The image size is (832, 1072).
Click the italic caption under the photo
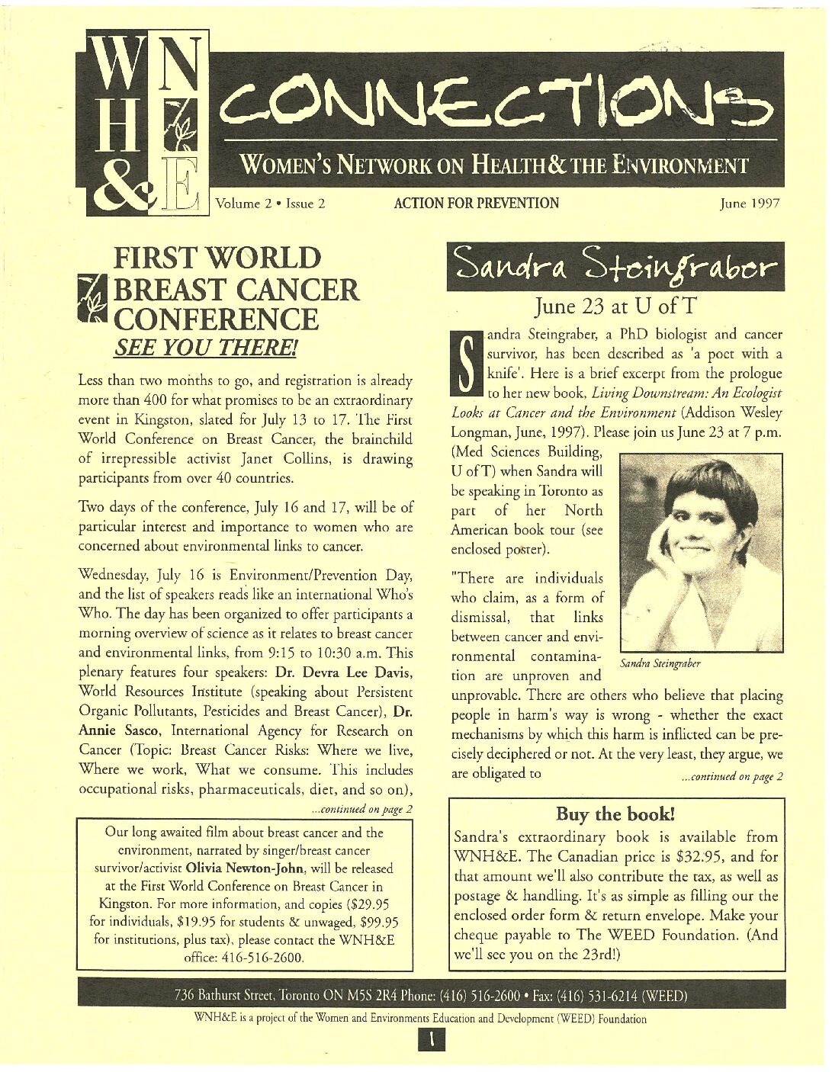660,663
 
